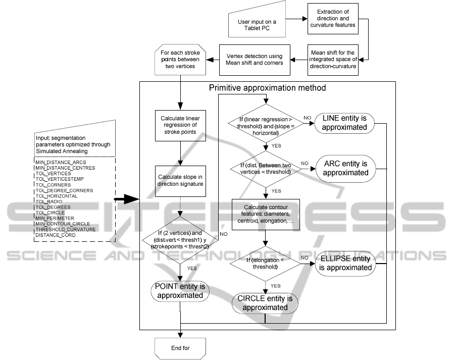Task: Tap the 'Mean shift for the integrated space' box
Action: [x=333, y=60]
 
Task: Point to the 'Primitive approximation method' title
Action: [x=267, y=88]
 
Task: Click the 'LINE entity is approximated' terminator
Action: [x=344, y=123]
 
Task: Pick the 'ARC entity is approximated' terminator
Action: [x=345, y=168]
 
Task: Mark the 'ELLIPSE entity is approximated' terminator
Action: [x=345, y=263]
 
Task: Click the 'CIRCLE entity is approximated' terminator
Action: [x=265, y=302]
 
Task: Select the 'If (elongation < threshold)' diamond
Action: [x=265, y=262]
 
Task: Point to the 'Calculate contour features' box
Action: [x=265, y=216]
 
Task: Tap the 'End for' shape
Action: [x=180, y=347]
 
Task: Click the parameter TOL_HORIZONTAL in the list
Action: [x=56, y=196]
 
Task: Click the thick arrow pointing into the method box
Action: [x=126, y=201]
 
